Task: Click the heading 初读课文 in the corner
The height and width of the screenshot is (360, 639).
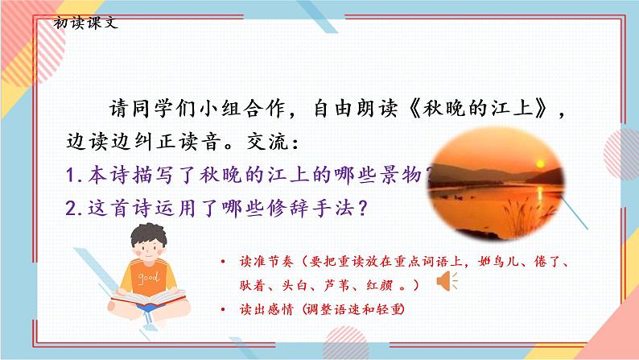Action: click(85, 22)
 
